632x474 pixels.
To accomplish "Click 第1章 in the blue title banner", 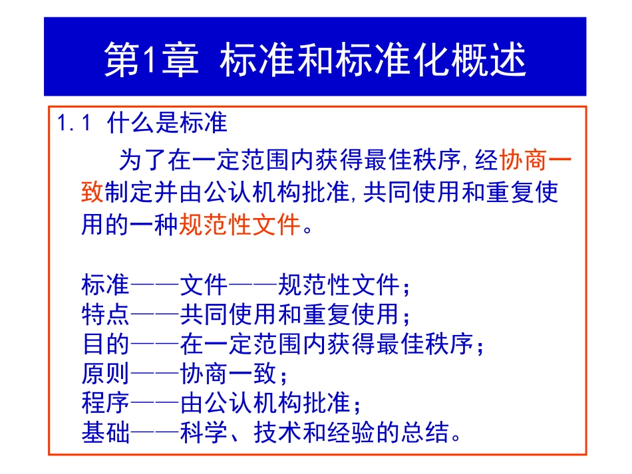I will (151, 61).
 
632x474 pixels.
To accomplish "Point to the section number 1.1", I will (73, 124).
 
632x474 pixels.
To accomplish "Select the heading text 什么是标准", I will (167, 124).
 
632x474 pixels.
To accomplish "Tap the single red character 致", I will (92, 193).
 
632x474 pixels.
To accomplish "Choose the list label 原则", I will (105, 374).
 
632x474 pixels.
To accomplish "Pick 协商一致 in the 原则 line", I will (228, 374).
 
